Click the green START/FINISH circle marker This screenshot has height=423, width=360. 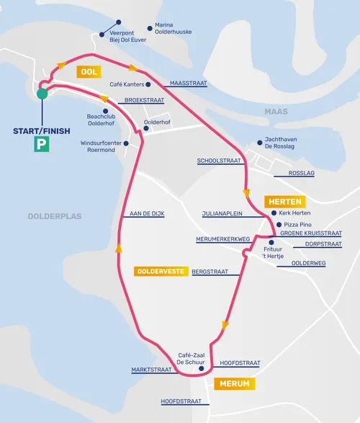pyautogui.click(x=42, y=93)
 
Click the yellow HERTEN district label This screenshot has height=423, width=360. pyautogui.click(x=283, y=202)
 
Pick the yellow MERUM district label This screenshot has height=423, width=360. pyautogui.click(x=234, y=384)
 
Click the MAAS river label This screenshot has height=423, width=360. pyautogui.click(x=276, y=112)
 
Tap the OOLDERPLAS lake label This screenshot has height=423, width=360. pyautogui.click(x=55, y=215)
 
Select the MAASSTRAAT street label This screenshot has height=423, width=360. pyautogui.click(x=188, y=84)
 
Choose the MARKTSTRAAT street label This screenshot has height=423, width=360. pyautogui.click(x=151, y=370)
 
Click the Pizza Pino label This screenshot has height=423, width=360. pyautogui.click(x=299, y=224)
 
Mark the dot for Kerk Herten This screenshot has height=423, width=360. pyautogui.click(x=274, y=213)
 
